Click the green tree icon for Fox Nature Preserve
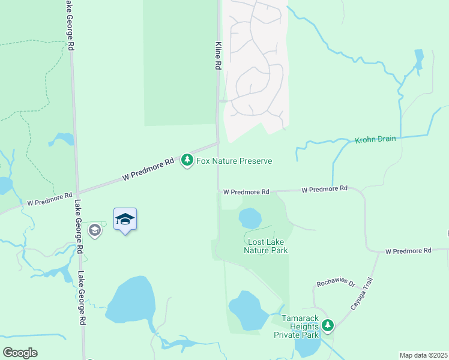click(x=187, y=160)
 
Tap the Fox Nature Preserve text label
click(x=234, y=161)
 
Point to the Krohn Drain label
click(x=375, y=139)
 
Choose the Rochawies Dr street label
click(x=337, y=283)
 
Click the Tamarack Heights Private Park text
click(x=296, y=326)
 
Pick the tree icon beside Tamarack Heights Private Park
click(x=327, y=326)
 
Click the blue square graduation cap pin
click(x=125, y=220)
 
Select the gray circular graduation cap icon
click(x=94, y=230)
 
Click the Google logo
click(x=20, y=353)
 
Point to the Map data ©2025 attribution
click(x=423, y=355)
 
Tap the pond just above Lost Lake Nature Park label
click(x=250, y=218)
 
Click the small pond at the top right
click(x=418, y=58)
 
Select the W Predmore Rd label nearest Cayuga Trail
click(x=408, y=250)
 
